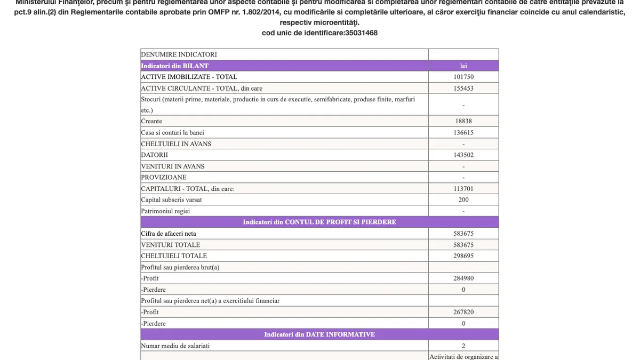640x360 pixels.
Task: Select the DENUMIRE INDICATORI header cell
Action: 179,54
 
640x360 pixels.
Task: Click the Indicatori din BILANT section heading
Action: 174,66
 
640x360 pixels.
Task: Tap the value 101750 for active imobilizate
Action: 463,77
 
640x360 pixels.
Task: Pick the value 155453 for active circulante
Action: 463,88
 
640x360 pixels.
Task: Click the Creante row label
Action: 151,121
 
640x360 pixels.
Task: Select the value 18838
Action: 463,121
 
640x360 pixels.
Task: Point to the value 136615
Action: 463,132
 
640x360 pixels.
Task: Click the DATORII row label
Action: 154,155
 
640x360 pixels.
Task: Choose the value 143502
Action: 463,155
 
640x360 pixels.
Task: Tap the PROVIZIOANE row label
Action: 164,177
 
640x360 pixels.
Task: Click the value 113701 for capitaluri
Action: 463,188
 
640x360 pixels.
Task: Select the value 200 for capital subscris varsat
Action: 463,199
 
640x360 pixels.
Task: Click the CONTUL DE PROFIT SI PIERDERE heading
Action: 319,222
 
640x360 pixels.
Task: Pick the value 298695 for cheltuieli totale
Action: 463,256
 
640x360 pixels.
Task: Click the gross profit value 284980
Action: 463,278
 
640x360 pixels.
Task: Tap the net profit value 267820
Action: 463,312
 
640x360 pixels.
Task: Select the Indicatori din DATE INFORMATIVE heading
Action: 319,334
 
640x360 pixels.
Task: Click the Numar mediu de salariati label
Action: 175,346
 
